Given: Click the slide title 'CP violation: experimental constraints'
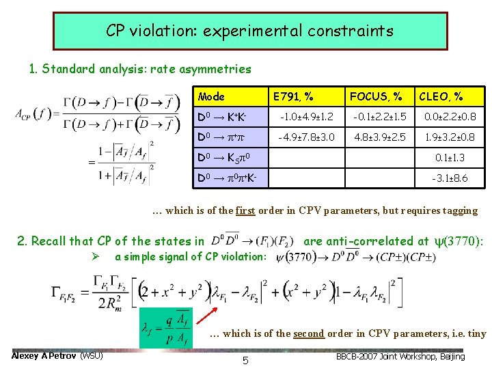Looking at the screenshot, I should [249, 31].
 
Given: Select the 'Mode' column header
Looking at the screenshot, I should [211, 97].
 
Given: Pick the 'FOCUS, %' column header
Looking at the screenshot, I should [375, 97].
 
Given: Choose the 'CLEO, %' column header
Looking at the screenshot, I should [441, 97].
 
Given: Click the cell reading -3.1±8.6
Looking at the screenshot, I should [450, 178].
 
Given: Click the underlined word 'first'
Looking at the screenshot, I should [245, 210].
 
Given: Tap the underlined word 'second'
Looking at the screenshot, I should [310, 333].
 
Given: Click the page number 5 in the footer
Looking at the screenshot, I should [245, 359].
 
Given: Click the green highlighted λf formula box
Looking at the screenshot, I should [164, 328].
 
